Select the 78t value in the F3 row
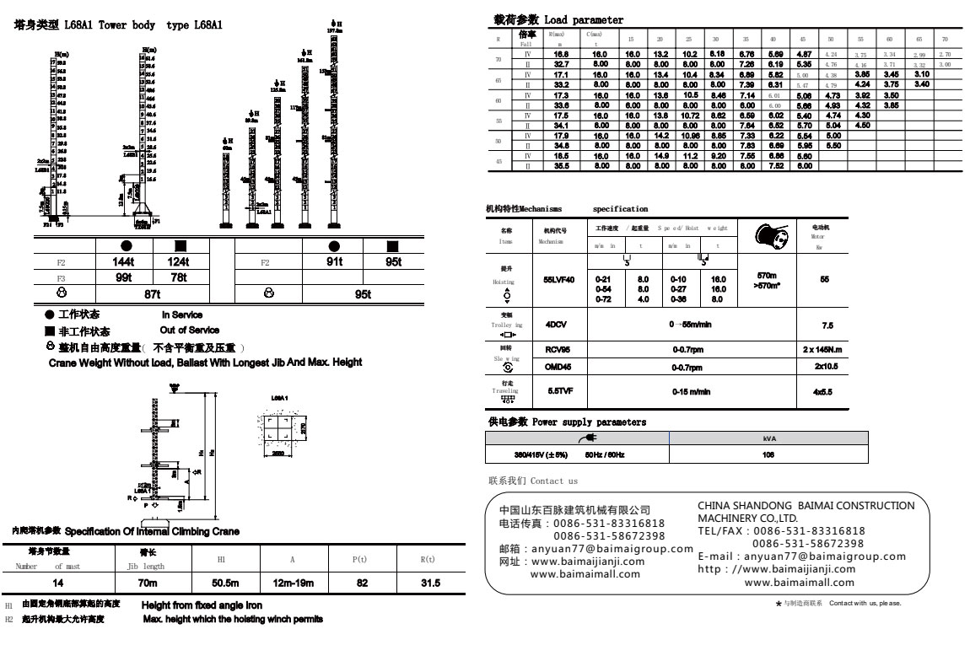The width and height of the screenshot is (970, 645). coord(179,277)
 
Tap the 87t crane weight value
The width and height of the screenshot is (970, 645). coord(153,293)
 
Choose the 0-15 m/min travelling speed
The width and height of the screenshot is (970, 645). coord(691,391)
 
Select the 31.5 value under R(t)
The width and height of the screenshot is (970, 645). coord(428,583)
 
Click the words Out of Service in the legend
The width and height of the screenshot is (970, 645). coord(191,330)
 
